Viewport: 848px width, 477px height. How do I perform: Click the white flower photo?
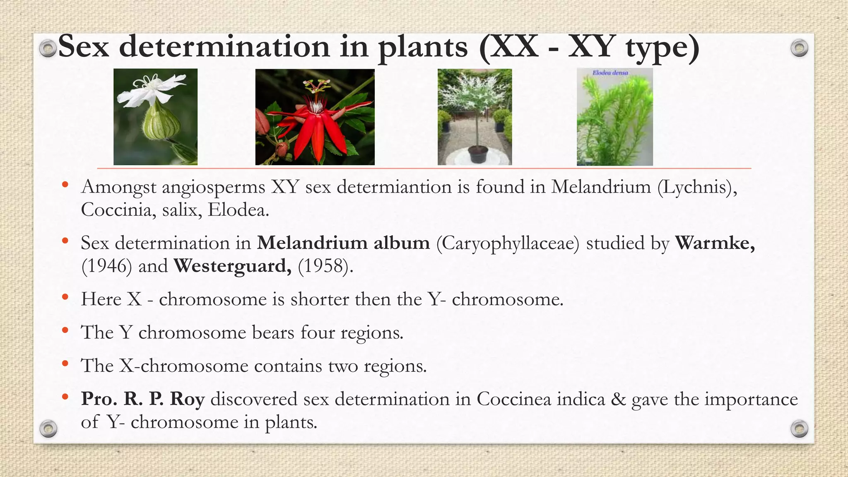point(155,117)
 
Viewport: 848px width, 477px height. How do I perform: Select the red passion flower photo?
point(315,117)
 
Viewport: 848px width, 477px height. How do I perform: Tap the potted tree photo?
point(475,117)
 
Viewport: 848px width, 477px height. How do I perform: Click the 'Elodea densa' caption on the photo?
point(610,73)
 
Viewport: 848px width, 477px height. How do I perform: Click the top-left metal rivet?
point(48,48)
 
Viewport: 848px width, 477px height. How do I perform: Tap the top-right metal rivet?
point(799,48)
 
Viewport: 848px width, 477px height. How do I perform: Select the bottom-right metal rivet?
point(799,428)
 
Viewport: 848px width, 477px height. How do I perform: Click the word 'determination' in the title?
point(224,46)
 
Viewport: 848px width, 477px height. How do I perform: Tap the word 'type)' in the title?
point(662,47)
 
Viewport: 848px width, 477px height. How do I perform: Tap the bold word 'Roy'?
point(187,399)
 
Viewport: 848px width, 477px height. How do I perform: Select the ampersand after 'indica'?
point(618,399)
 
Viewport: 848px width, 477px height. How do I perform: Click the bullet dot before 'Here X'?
point(65,297)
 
